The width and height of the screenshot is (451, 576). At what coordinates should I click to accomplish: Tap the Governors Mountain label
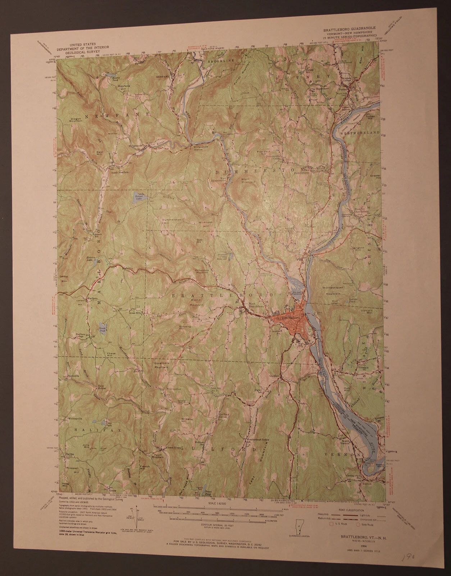[x=161, y=365]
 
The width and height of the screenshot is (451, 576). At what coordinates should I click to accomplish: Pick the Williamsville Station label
[x=199, y=149]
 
